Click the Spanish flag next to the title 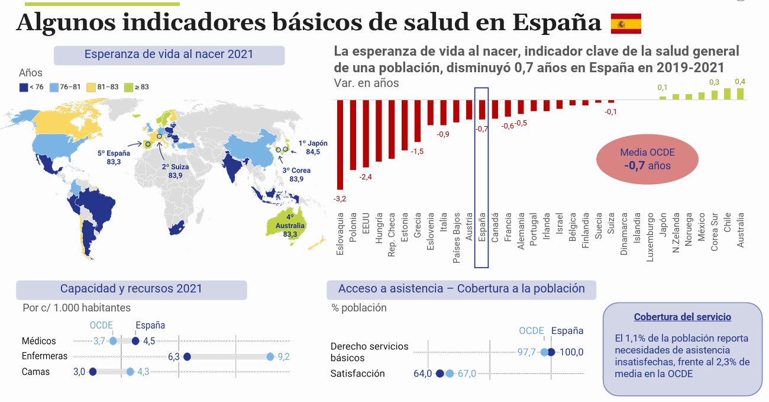coord(626,23)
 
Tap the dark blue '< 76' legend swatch coord(23,87)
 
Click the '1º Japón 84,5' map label coord(313,147)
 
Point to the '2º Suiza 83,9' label coord(175,171)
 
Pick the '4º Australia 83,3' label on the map coord(290,226)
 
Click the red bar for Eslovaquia coord(340,144)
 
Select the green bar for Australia coord(740,94)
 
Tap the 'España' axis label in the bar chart coord(482,228)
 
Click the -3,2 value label coord(340,198)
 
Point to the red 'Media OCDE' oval coord(647,159)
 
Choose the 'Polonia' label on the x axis coord(353,226)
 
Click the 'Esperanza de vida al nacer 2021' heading coord(169,54)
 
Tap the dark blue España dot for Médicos coord(135,341)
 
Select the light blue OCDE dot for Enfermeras coord(270,356)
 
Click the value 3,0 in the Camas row coord(80,372)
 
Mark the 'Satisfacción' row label coord(357,374)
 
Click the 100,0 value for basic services coord(571,352)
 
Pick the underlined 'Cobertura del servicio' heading coord(682,317)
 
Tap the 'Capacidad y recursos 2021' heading coord(131,289)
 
